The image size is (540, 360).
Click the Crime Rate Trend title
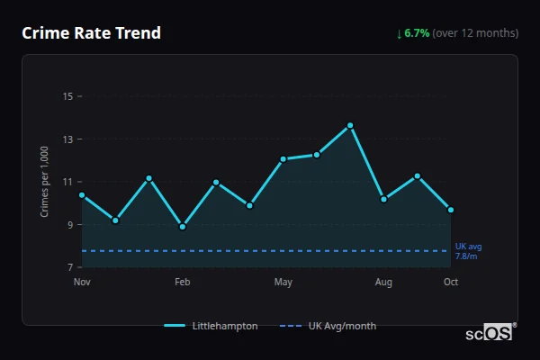point(91,33)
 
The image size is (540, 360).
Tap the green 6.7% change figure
point(417,33)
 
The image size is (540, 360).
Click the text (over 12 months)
point(475,33)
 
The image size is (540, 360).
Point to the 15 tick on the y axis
point(67,96)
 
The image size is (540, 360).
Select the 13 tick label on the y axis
point(67,139)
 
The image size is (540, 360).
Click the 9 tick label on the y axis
point(69,225)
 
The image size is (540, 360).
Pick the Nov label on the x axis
point(82,283)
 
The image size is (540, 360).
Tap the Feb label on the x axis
point(182,283)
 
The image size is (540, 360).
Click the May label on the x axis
point(283,283)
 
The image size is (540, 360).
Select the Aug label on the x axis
point(383,283)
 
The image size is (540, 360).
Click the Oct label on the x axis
point(451,283)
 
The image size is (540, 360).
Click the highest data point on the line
point(350,125)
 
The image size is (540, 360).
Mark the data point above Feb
point(183,227)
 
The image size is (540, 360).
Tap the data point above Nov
point(82,195)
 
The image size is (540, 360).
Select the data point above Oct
point(451,210)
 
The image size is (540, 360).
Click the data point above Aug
point(383,199)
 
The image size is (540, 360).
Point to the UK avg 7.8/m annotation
point(468,251)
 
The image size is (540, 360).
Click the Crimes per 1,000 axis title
point(44,183)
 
